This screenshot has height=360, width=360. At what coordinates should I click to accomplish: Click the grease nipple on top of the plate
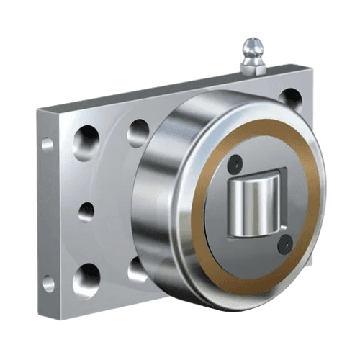(x=252, y=56)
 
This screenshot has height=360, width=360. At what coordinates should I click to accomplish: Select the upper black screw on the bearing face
(x=233, y=165)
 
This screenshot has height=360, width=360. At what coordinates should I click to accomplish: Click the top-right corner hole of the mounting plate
(x=291, y=97)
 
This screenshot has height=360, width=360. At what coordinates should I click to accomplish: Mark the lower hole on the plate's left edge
(x=48, y=283)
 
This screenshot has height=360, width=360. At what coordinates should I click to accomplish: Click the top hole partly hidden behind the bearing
(x=138, y=132)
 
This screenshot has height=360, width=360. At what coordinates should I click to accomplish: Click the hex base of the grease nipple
(x=253, y=68)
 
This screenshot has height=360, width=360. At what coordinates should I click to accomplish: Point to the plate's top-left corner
(x=39, y=109)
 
